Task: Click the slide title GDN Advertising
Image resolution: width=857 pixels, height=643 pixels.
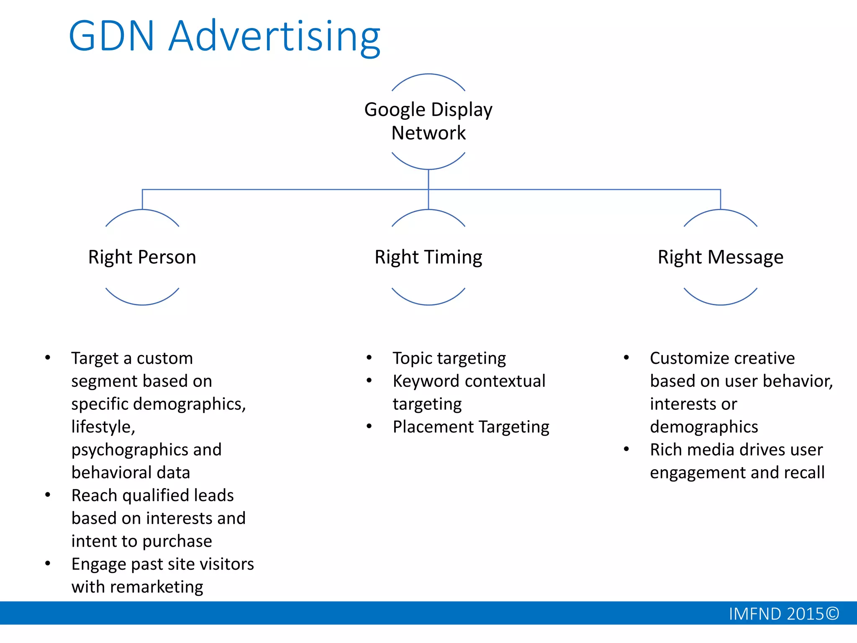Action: [224, 37]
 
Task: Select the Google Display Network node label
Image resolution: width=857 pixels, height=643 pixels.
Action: [428, 121]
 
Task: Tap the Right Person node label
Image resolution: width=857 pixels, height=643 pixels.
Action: [142, 257]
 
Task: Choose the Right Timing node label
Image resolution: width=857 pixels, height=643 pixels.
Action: [428, 257]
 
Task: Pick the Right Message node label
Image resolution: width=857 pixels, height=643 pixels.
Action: [720, 257]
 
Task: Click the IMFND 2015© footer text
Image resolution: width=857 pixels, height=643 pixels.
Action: [783, 614]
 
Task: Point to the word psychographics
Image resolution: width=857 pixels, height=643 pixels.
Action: [129, 450]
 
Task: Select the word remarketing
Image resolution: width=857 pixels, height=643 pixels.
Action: [157, 587]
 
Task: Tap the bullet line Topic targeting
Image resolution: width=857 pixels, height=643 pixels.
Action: [449, 359]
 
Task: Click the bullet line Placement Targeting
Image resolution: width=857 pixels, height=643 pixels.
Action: [471, 427]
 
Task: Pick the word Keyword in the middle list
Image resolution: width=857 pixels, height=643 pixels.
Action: [426, 381]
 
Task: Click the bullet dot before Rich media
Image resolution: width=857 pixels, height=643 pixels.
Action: [626, 449]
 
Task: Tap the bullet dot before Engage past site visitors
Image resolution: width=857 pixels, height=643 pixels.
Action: [48, 563]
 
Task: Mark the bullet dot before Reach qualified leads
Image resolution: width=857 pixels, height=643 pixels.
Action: [48, 495]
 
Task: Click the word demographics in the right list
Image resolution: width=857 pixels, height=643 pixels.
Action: [704, 427]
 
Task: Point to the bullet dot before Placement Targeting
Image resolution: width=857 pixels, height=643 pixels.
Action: [369, 427]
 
